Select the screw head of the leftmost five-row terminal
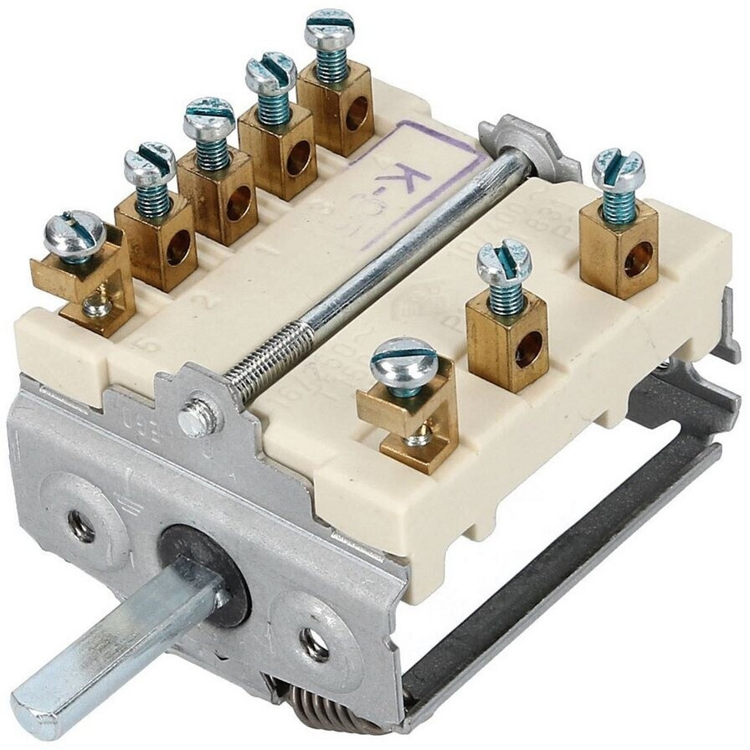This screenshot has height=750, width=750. [75, 233]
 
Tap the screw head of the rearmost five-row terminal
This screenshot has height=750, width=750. [329, 27]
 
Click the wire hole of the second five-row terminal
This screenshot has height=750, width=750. [177, 248]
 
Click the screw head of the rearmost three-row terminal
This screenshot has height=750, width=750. [619, 169]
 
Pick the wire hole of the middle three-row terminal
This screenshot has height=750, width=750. [527, 348]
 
